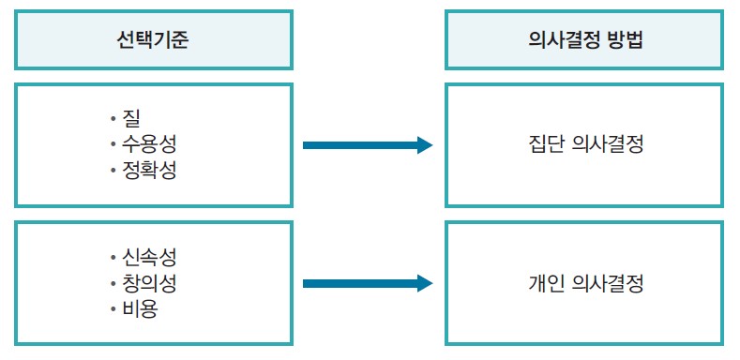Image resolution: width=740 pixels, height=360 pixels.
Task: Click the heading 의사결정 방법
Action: point(584,40)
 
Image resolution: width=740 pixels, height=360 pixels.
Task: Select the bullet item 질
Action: point(128,119)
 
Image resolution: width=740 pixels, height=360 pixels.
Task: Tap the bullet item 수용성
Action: point(148,145)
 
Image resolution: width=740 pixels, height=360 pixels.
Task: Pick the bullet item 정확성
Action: point(148,171)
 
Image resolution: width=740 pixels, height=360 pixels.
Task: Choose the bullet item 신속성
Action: point(148,257)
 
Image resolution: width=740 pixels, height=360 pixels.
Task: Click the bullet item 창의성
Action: point(148,282)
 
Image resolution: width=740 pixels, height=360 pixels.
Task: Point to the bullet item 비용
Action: point(139,307)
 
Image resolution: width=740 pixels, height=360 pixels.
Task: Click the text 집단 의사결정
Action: point(584,145)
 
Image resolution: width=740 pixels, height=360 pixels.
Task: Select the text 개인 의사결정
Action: point(584,283)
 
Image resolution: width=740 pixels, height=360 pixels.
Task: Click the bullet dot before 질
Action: point(112,120)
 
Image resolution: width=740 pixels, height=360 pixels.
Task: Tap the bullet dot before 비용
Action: point(112,308)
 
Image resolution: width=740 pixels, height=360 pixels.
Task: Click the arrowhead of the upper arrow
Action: point(424,145)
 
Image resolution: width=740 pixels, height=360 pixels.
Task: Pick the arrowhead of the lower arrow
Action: point(424,283)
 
